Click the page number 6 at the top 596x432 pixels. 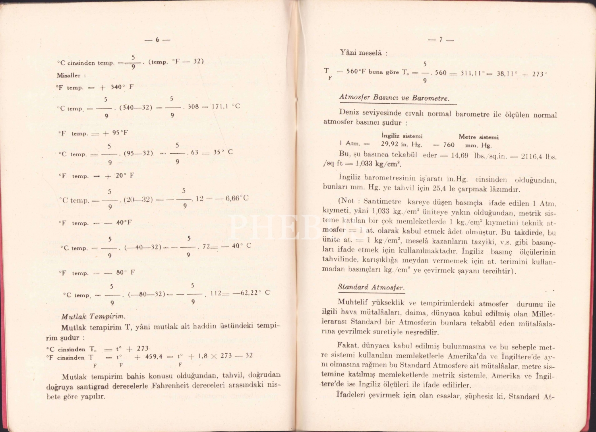tap(157, 40)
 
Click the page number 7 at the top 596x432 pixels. tap(441, 40)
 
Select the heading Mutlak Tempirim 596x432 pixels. tap(93, 316)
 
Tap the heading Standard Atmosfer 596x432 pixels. tap(371, 287)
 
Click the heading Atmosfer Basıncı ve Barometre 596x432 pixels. tap(394, 98)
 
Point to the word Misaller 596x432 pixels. tap(68, 75)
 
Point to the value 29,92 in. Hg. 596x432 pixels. tap(402, 145)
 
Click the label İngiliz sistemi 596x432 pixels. tap(402, 136)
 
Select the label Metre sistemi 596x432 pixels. tap(478, 137)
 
